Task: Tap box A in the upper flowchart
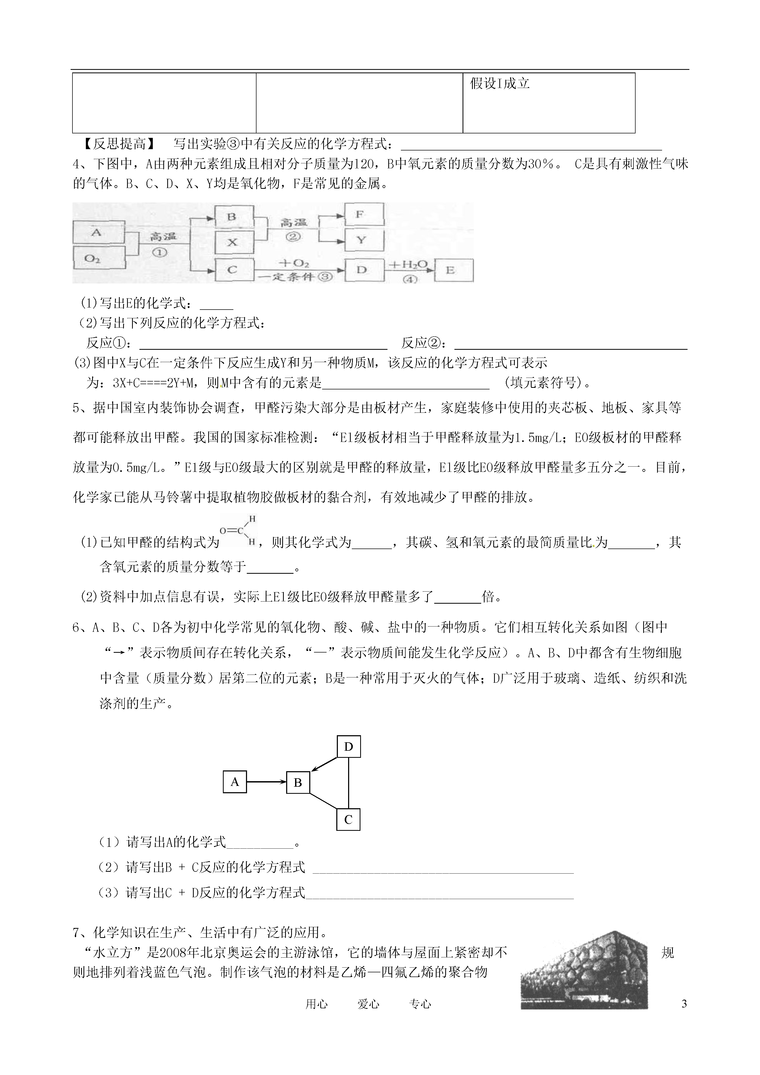(x=97, y=232)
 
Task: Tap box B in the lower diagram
(x=298, y=782)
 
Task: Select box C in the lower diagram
(x=348, y=819)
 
